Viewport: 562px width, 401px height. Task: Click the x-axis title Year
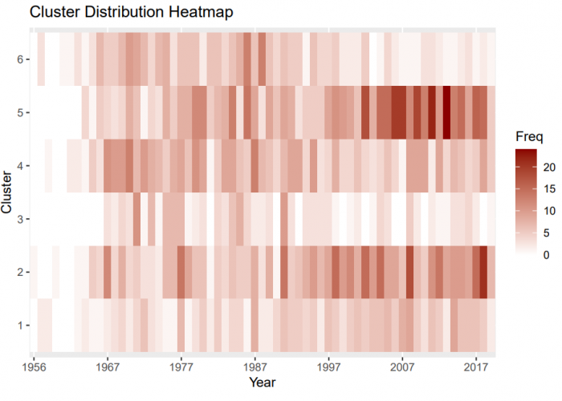pos(263,383)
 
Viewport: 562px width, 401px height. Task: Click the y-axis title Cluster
pos(9,192)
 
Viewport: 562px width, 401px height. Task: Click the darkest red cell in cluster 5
pos(446,112)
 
